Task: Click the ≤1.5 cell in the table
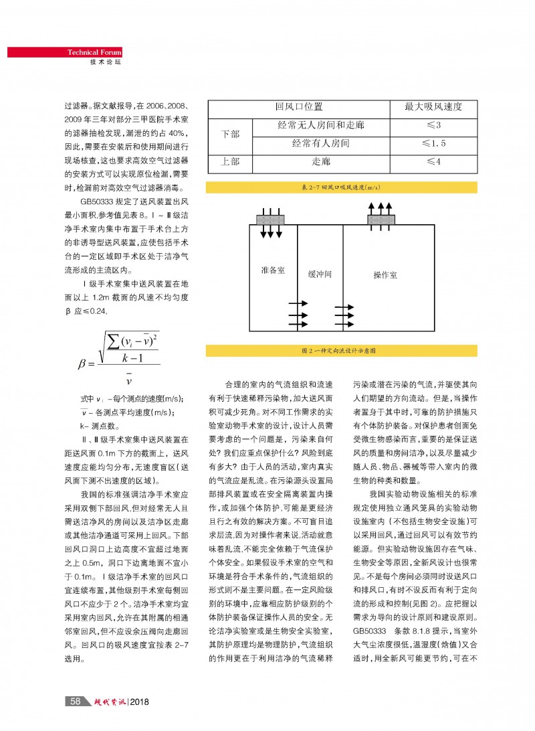coord(433,143)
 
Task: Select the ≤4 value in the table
coord(433,161)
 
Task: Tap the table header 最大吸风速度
coord(433,107)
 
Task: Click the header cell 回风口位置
coord(299,107)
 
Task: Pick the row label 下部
coord(230,135)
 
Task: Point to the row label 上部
coord(230,161)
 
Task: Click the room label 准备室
coord(273,270)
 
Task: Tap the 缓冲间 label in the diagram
coord(320,274)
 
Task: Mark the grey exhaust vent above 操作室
coord(381,220)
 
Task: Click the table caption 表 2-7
coord(342,187)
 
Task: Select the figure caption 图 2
coord(342,350)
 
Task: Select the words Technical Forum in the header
coord(94,52)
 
